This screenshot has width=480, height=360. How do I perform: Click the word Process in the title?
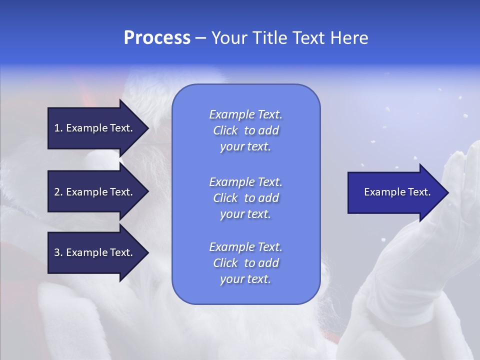(x=157, y=38)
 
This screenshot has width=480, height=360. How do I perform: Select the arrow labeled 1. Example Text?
(x=95, y=128)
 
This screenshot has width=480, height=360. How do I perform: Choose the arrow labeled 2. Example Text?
(x=95, y=192)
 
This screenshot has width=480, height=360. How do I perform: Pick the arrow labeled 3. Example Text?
(x=95, y=252)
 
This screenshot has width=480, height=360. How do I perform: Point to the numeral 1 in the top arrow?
(x=57, y=128)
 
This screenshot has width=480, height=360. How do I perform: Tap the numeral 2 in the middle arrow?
(x=57, y=192)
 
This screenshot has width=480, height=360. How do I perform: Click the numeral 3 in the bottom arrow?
(x=57, y=252)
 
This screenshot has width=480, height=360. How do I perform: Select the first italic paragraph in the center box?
(x=245, y=130)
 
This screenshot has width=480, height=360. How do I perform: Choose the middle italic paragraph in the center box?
(x=245, y=198)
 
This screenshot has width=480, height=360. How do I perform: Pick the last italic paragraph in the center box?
(x=245, y=263)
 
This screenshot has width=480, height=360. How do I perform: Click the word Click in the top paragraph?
(x=225, y=130)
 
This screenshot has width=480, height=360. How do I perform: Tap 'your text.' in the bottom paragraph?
(x=245, y=279)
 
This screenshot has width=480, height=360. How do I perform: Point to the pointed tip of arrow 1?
(x=147, y=128)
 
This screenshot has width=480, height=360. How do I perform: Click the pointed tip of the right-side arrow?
(x=448, y=192)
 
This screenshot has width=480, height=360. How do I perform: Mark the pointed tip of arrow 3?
(x=147, y=252)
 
